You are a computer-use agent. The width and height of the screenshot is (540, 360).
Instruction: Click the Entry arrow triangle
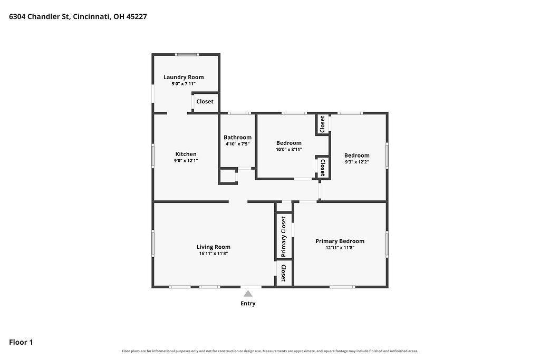click(248, 294)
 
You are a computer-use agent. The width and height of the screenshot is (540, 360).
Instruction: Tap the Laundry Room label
click(184, 77)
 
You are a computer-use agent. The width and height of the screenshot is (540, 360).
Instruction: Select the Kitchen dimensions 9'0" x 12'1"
click(186, 160)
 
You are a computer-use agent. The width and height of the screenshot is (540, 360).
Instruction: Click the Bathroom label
click(238, 138)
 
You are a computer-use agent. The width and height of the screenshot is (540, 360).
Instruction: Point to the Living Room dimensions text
click(214, 254)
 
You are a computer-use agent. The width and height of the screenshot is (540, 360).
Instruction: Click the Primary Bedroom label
click(340, 241)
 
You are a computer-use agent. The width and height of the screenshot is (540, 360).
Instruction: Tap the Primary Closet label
click(283, 237)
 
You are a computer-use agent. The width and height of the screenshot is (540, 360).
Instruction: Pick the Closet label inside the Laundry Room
click(205, 102)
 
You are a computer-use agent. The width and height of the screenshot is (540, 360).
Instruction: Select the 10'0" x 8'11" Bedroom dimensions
click(289, 149)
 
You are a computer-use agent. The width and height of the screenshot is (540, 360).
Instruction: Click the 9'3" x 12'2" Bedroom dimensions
click(357, 162)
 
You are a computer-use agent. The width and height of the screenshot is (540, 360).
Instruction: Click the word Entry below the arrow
click(248, 303)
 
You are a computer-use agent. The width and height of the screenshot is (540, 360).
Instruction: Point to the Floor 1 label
click(21, 342)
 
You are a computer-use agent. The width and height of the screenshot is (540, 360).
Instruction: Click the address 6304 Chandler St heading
click(78, 16)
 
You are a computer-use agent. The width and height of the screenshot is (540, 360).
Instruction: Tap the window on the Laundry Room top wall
click(187, 54)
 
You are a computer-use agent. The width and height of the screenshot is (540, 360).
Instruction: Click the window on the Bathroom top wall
click(239, 113)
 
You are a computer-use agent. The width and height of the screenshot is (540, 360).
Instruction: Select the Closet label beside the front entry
click(283, 273)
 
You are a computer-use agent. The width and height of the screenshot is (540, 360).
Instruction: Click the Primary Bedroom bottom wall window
click(342, 287)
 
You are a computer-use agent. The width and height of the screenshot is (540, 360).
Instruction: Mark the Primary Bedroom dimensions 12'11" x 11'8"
click(340, 248)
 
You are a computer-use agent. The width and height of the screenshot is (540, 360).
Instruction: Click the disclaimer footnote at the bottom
click(270, 351)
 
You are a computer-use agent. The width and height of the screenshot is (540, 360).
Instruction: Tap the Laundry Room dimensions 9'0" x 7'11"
click(184, 84)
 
